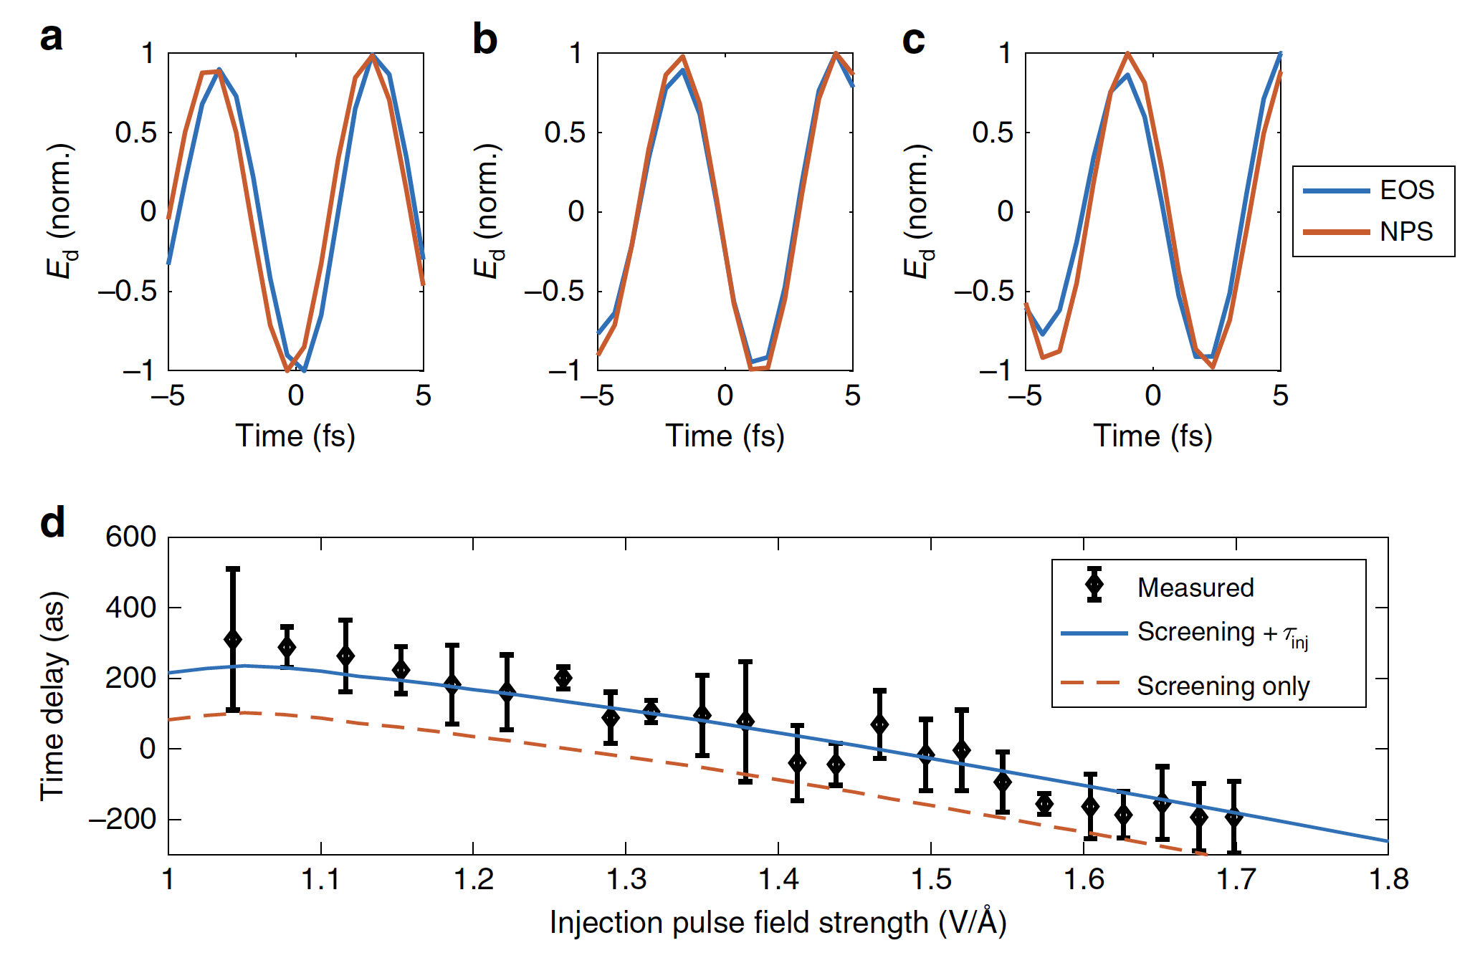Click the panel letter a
pyautogui.click(x=51, y=37)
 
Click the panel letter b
pyautogui.click(x=484, y=39)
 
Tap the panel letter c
pyautogui.click(x=913, y=39)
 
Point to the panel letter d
pyautogui.click(x=52, y=522)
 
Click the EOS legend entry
pyautogui.click(x=1406, y=190)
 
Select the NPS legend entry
pyautogui.click(x=1406, y=231)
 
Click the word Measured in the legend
pyautogui.click(x=1195, y=588)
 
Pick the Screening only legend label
pyautogui.click(x=1223, y=686)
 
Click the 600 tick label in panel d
pyautogui.click(x=130, y=537)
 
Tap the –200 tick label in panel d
pyautogui.click(x=122, y=818)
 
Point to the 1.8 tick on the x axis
pyautogui.click(x=1388, y=879)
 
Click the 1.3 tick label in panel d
pyautogui.click(x=626, y=879)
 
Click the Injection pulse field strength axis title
pyautogui.click(x=778, y=923)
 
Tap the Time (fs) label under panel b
pyautogui.click(x=725, y=436)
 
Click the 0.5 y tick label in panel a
pyautogui.click(x=135, y=133)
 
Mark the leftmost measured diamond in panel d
pyautogui.click(x=233, y=639)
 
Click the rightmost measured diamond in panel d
pyautogui.click(x=1233, y=816)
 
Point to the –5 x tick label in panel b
pyautogui.click(x=596, y=396)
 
